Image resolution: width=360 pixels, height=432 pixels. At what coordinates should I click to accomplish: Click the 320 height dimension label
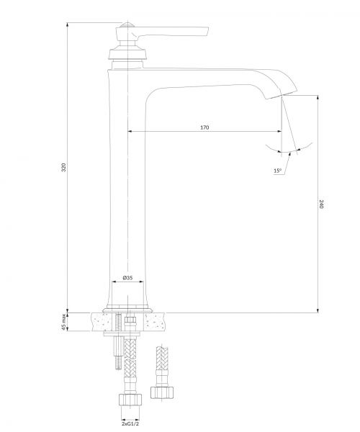point(63,167)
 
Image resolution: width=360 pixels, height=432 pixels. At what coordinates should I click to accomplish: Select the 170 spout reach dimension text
point(204,127)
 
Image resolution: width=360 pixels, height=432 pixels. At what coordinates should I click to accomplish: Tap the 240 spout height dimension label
point(321,204)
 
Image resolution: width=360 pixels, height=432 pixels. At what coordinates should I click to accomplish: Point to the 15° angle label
point(277,171)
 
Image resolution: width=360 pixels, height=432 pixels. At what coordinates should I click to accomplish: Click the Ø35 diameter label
point(127,277)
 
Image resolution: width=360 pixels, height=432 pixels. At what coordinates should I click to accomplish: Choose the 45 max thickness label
point(63,322)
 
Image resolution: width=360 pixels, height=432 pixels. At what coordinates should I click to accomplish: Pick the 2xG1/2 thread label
point(130,424)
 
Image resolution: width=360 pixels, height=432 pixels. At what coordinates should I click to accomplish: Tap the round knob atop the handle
point(127,24)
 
